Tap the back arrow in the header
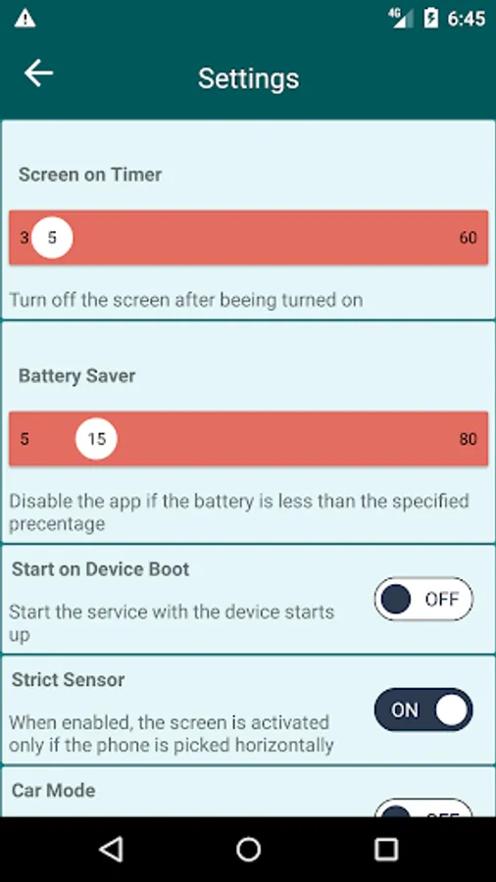(38, 73)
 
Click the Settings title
(248, 78)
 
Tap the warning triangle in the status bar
(25, 19)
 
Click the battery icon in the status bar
(430, 18)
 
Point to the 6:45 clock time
(467, 19)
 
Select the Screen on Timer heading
(90, 174)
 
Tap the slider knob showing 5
(52, 237)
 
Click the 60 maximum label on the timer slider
(468, 237)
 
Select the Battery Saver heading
(77, 375)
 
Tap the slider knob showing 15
(96, 439)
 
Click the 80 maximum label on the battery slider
(468, 439)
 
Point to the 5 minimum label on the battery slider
(25, 439)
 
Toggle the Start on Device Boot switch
(423, 599)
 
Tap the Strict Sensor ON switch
(423, 710)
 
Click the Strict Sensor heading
(68, 680)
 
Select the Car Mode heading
(54, 790)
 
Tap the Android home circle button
(248, 849)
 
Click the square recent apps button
(386, 849)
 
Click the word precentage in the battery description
(58, 524)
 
